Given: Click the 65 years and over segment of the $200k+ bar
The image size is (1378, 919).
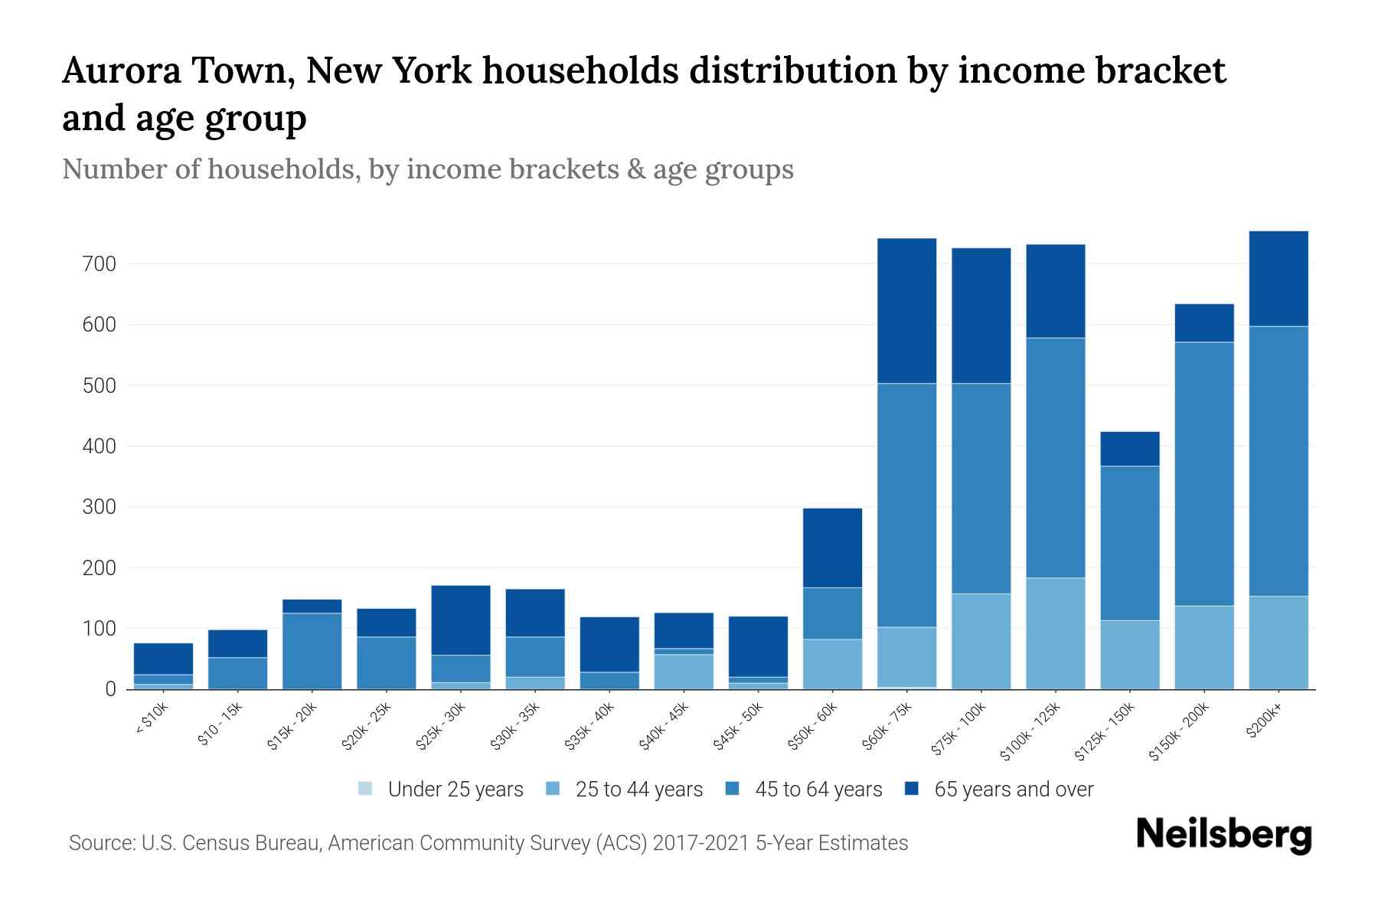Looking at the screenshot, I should pos(1278,279).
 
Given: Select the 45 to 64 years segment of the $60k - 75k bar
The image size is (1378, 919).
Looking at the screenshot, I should pos(906,505).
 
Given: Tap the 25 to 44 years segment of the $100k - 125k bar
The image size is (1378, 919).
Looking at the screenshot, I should pos(1055,633).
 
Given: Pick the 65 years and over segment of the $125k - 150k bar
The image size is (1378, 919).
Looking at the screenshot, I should pos(1129,449).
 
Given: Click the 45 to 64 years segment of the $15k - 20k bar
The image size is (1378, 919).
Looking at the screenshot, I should pos(312,651).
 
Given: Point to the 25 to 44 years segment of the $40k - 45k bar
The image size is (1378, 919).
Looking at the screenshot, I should pos(683,672).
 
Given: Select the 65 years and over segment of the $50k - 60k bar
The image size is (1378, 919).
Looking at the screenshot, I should pos(832,548).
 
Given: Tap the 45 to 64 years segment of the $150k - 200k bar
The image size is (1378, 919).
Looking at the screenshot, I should pos(1203,474).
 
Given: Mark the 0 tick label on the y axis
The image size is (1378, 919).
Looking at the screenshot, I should pos(111,689).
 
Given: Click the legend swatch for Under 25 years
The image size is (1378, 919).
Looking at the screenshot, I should pos(366,789).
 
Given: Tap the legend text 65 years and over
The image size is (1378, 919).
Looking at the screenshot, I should pos(1014,790).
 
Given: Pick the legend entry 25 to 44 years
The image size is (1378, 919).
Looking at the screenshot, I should pos(638,790).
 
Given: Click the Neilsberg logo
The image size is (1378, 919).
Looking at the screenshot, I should pos(1223,835).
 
